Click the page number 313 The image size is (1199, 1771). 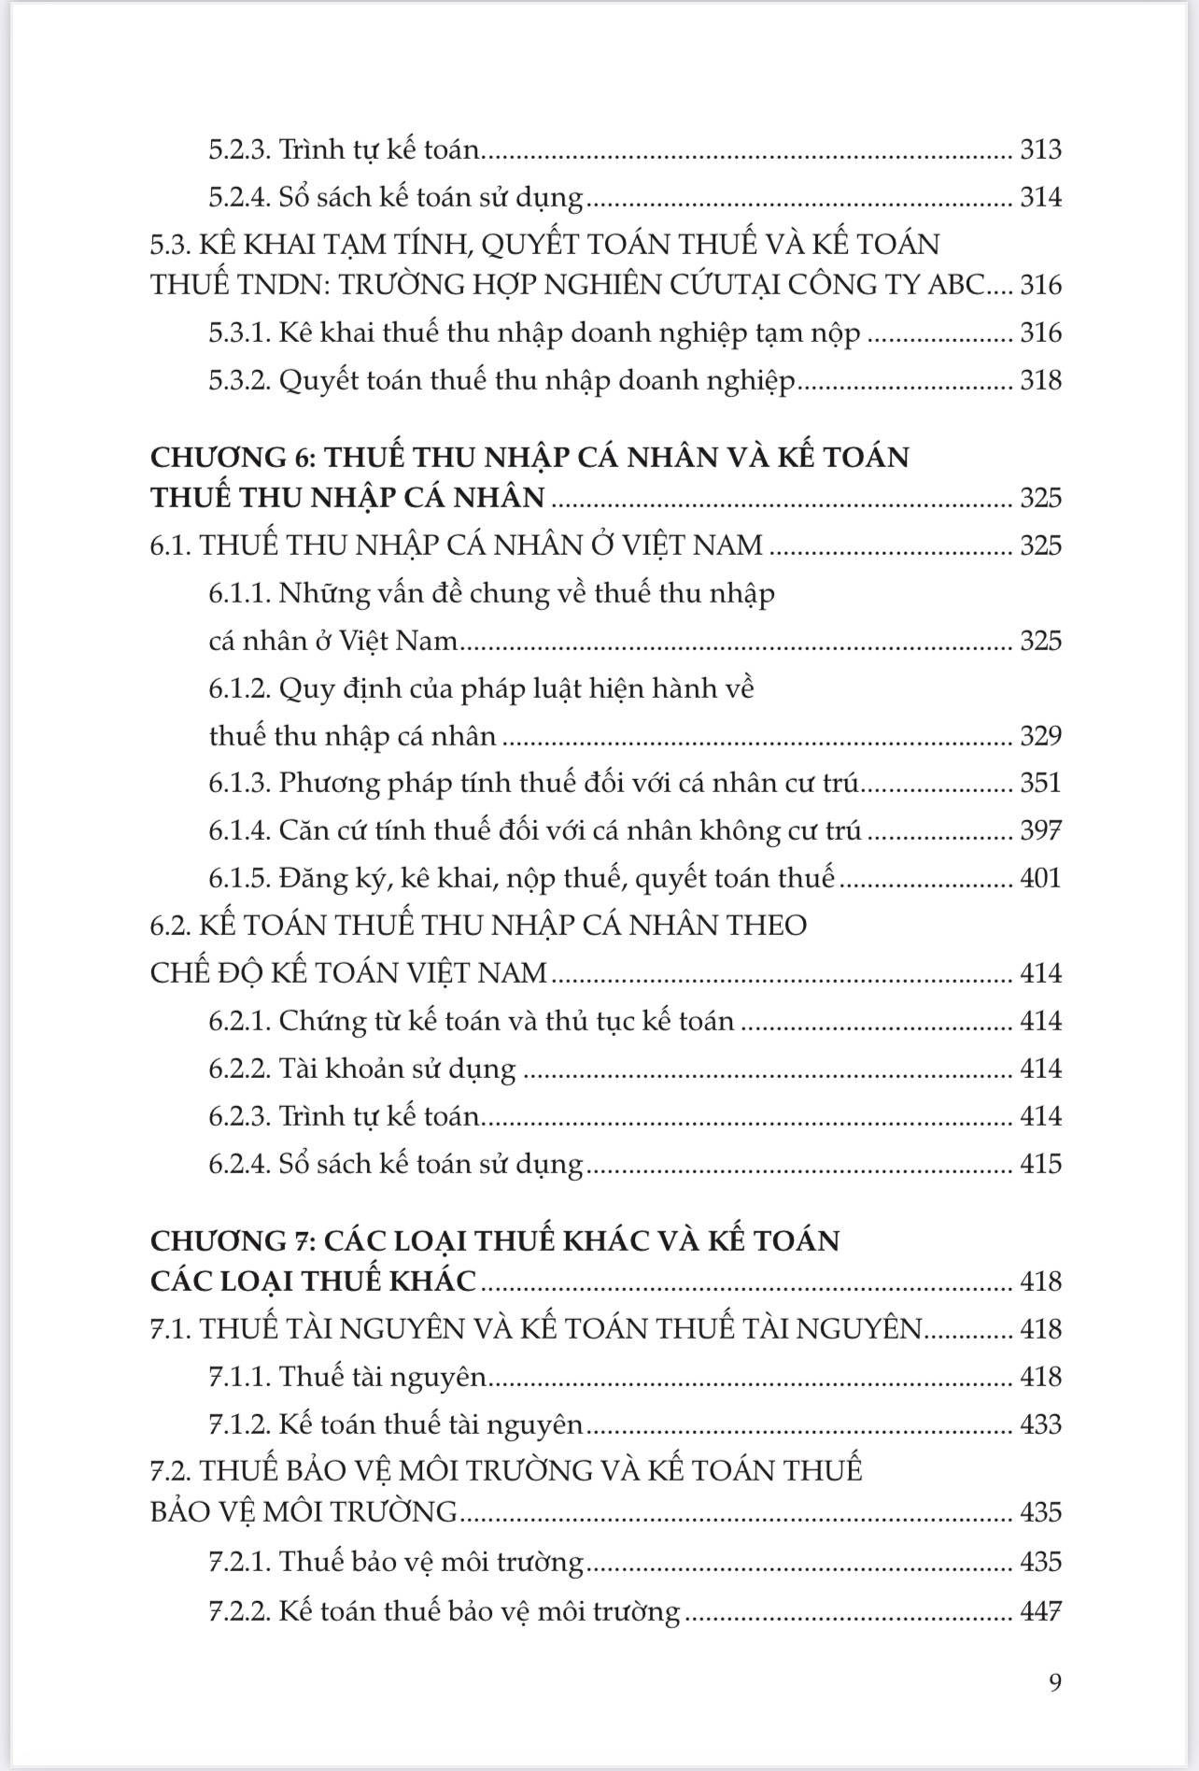click(x=1040, y=149)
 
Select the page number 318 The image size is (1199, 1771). click(x=1040, y=380)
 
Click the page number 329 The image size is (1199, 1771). click(x=1040, y=735)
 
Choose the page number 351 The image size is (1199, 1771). click(x=1040, y=782)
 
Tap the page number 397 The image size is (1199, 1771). click(x=1040, y=830)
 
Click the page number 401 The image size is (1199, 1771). click(x=1040, y=878)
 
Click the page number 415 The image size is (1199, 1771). click(x=1040, y=1163)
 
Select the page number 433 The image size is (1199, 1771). click(x=1040, y=1424)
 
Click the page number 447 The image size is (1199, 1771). click(x=1040, y=1611)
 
